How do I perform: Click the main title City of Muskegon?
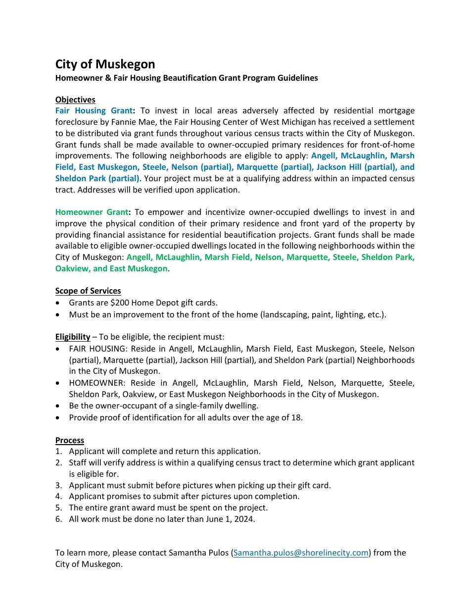click(x=105, y=64)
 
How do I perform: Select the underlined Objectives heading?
click(x=75, y=100)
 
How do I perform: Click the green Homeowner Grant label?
click(x=92, y=212)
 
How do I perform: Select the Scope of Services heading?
click(x=88, y=291)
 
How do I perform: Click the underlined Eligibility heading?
click(x=73, y=337)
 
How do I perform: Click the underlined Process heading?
click(x=70, y=440)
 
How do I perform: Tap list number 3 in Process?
click(x=58, y=485)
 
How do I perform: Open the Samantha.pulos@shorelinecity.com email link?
click(x=301, y=553)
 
